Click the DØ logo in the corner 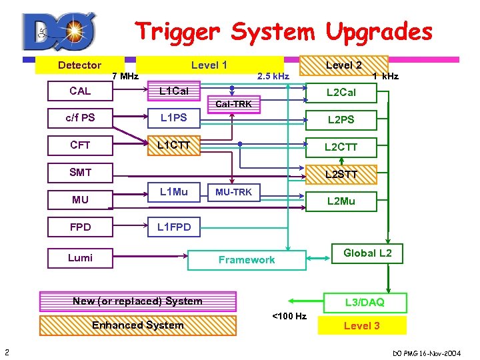point(59,32)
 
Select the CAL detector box point(80,91)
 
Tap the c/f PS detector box point(80,118)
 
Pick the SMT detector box point(80,173)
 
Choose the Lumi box point(80,258)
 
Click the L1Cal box point(173,91)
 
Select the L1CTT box point(173,145)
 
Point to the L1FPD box point(173,227)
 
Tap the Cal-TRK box point(233,104)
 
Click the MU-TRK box point(233,193)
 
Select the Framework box point(247,260)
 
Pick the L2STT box point(341,175)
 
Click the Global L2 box point(367,253)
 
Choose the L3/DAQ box point(364,303)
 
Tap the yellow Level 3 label point(361,325)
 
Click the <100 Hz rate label point(289,316)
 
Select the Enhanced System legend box point(137,325)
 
